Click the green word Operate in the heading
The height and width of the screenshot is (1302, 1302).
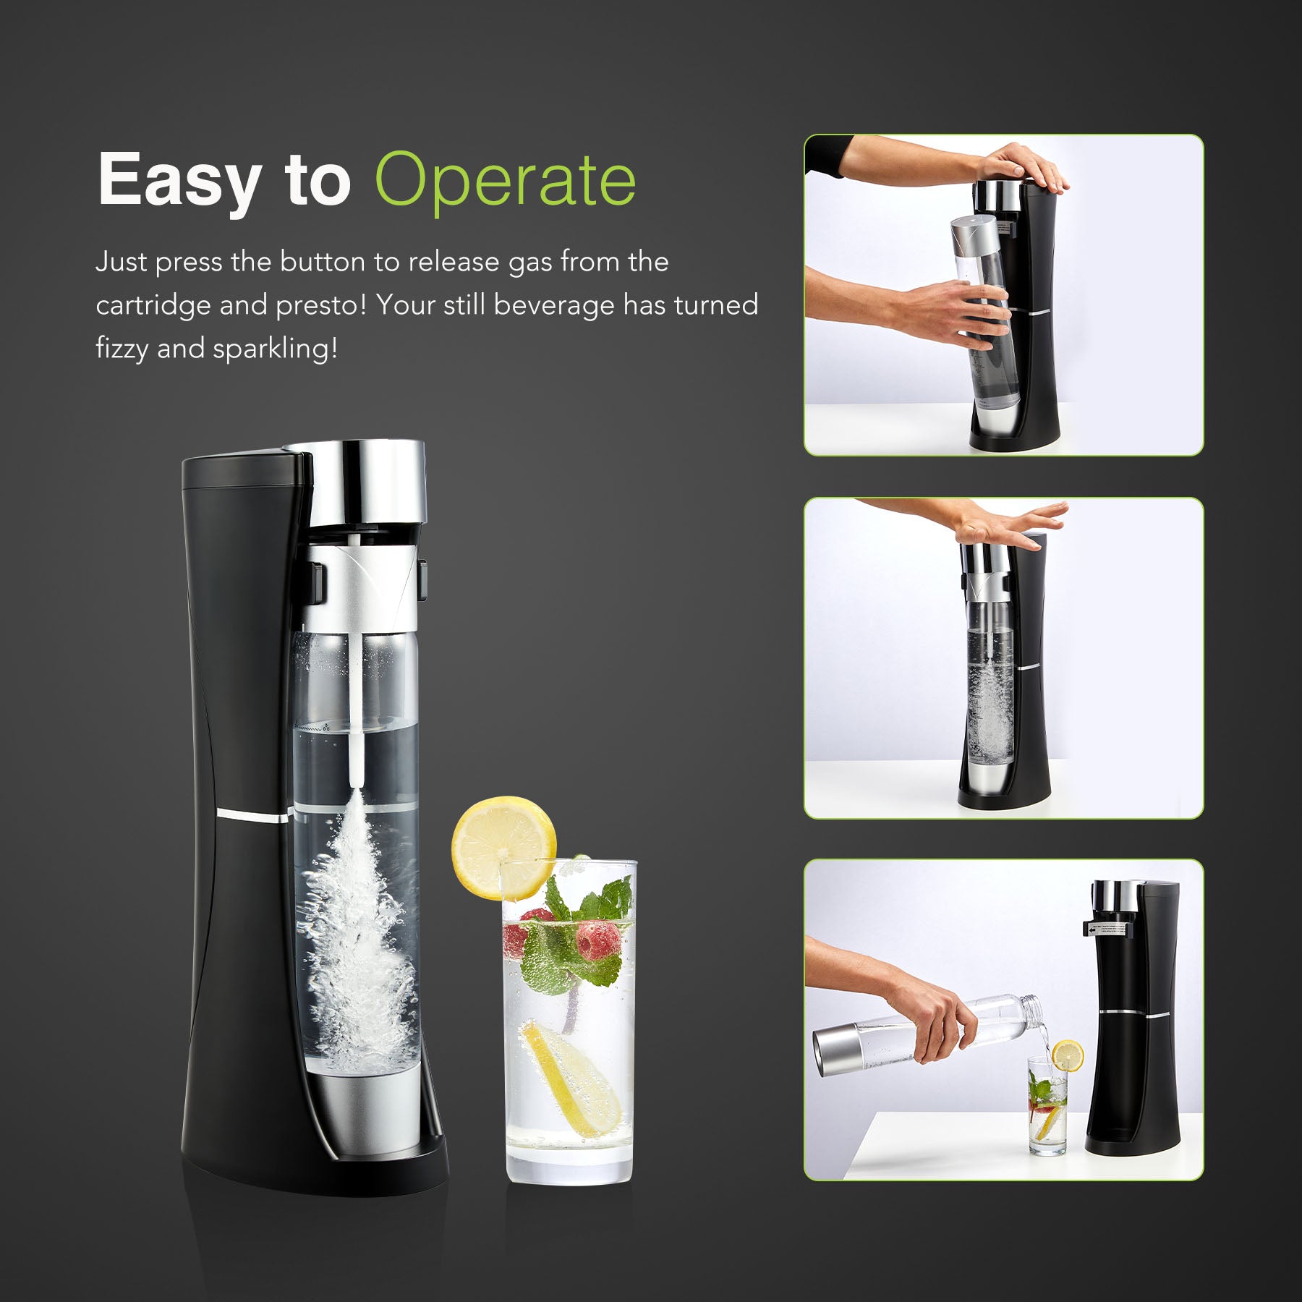pos(506,180)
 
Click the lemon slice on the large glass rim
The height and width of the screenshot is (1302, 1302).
pos(504,848)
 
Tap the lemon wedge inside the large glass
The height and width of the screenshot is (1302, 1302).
pos(571,1078)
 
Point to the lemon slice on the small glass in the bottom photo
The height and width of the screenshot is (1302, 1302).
pos(1068,1056)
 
